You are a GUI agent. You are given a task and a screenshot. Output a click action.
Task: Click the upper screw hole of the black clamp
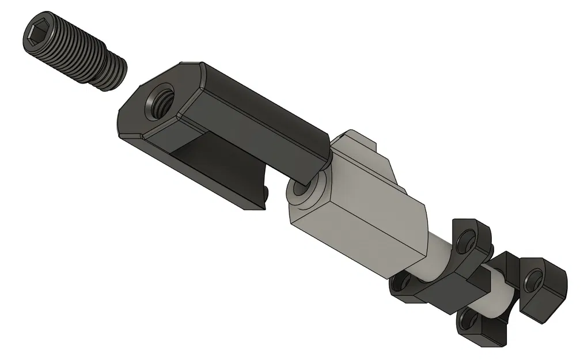[468, 236]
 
